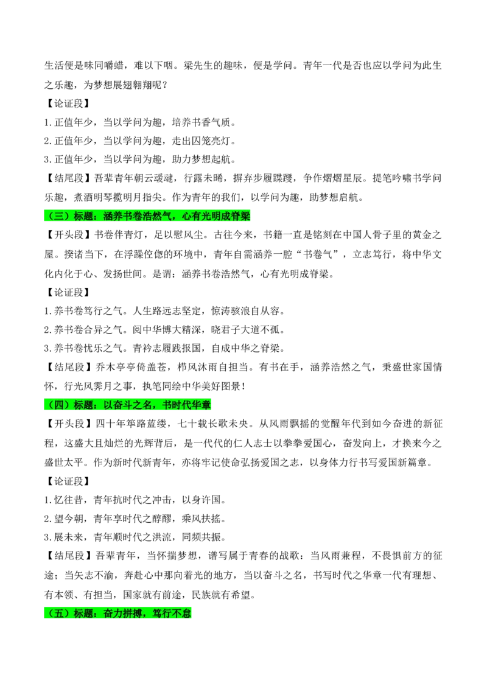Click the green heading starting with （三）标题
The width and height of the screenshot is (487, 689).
[x=147, y=215]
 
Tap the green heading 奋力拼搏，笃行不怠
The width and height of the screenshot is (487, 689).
[x=147, y=613]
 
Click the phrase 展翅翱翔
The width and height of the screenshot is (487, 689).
[x=132, y=85]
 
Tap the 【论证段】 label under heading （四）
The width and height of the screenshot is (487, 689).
[x=67, y=481]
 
